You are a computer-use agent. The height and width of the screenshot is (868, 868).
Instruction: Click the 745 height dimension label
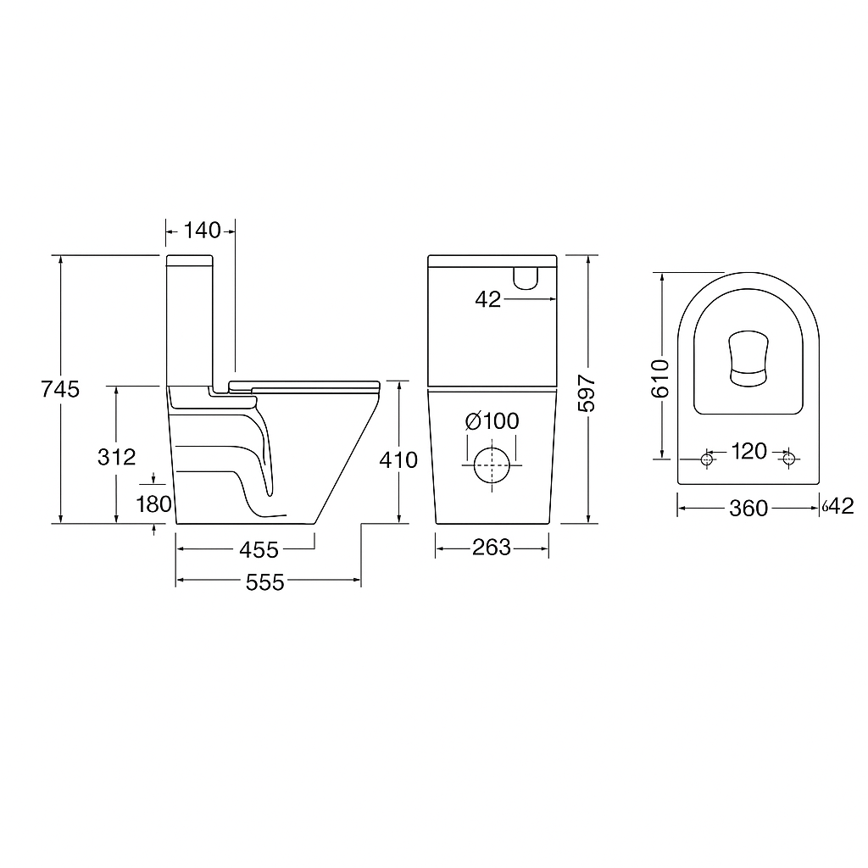pyautogui.click(x=61, y=389)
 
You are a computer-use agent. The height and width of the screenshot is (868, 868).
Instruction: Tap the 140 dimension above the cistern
pyautogui.click(x=201, y=230)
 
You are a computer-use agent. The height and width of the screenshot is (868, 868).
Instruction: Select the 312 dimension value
pyautogui.click(x=117, y=457)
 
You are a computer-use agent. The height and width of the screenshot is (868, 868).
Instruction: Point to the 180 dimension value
pyautogui.click(x=153, y=505)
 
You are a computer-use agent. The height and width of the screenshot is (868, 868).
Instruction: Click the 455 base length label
pyautogui.click(x=259, y=550)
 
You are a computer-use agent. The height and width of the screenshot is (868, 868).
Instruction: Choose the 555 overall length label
pyautogui.click(x=265, y=581)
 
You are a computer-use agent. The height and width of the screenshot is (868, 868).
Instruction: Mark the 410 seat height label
pyautogui.click(x=399, y=460)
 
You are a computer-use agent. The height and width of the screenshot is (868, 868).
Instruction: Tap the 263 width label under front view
pyautogui.click(x=492, y=548)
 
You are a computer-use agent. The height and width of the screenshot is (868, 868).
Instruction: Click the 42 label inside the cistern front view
pyautogui.click(x=488, y=299)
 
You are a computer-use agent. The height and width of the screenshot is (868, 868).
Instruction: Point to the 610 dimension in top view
pyautogui.click(x=662, y=377)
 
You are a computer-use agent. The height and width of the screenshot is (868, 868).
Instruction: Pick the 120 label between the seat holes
pyautogui.click(x=748, y=451)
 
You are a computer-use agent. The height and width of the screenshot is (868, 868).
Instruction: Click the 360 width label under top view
pyautogui.click(x=748, y=508)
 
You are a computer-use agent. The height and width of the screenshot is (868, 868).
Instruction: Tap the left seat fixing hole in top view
pyautogui.click(x=708, y=459)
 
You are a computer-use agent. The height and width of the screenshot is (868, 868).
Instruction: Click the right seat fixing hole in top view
pyautogui.click(x=789, y=459)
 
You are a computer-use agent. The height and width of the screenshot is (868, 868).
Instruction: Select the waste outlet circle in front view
pyautogui.click(x=491, y=464)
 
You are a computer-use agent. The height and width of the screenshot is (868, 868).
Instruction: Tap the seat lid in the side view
pyautogui.click(x=314, y=383)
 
